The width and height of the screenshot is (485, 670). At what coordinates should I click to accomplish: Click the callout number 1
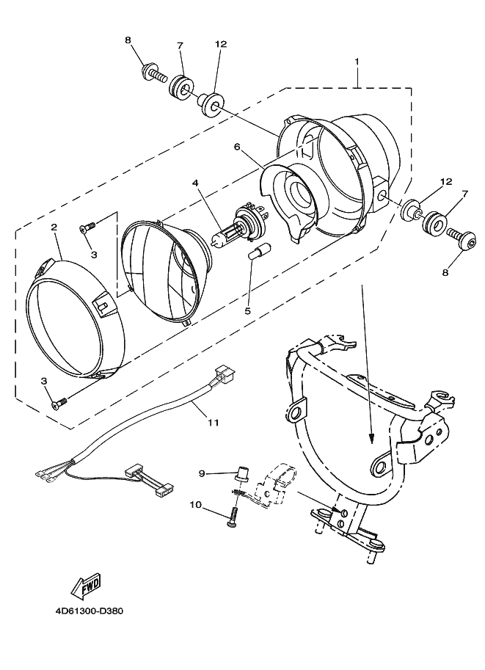point(357,62)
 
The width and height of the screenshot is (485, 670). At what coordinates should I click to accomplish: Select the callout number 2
point(54,227)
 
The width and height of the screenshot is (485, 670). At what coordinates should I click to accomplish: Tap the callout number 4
point(195,183)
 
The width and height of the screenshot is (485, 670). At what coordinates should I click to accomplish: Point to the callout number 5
point(248,310)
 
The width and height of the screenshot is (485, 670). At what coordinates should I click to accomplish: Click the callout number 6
point(237,147)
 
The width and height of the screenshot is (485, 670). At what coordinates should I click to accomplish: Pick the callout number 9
point(203,473)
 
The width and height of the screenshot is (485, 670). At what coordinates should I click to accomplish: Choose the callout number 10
point(195,505)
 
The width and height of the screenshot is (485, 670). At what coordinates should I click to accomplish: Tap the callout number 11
point(214,423)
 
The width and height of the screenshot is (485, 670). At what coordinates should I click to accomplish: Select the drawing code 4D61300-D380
point(89,611)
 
